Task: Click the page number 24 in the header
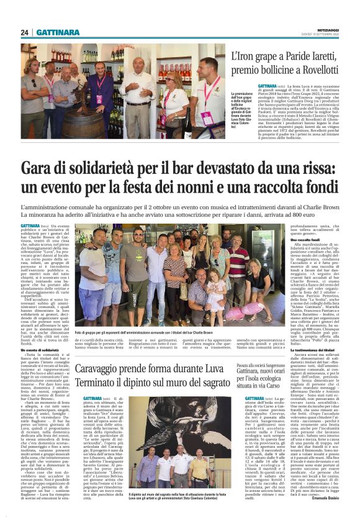(25, 32)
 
